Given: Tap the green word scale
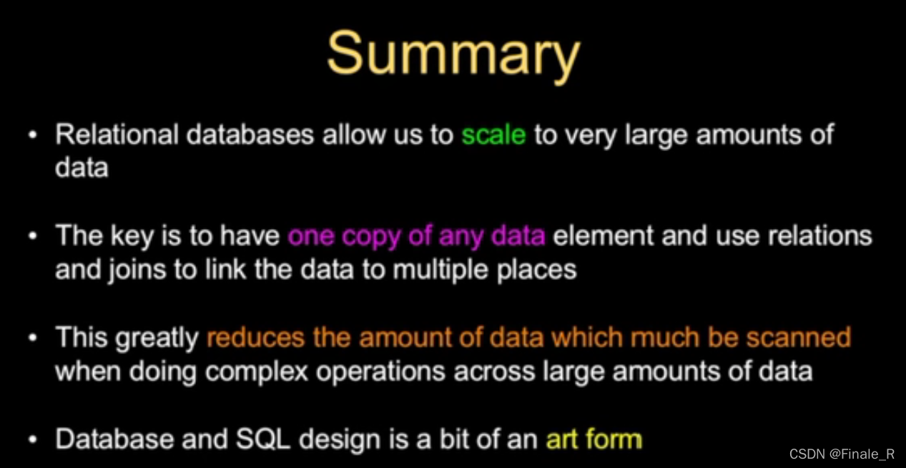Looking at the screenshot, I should tap(493, 135).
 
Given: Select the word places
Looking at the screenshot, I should tap(541, 270).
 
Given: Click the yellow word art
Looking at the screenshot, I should tap(561, 439).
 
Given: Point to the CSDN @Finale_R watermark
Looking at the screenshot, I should tap(841, 454).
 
